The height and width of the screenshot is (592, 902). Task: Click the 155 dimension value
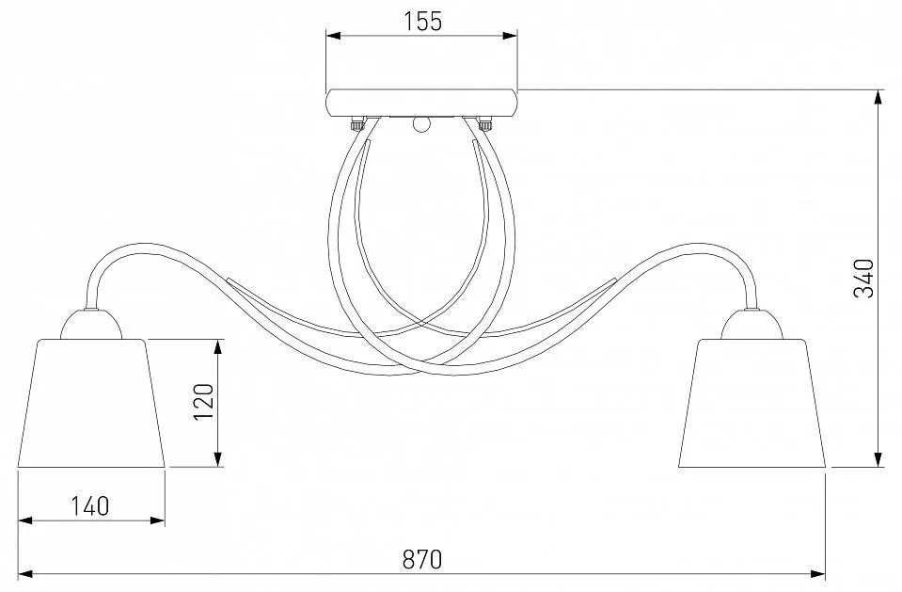[x=422, y=22]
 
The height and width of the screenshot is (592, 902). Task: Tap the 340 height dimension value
[x=863, y=279]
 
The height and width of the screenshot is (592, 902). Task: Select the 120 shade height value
[x=204, y=401]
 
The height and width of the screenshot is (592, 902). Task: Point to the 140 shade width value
[x=89, y=506]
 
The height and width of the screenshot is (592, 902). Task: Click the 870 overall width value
[x=422, y=559]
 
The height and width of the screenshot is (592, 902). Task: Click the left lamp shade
[x=91, y=403]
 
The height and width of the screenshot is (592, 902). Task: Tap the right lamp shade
[x=752, y=403]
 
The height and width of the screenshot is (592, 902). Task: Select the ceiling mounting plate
[x=421, y=104]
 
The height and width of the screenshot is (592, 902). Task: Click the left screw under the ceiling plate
[x=357, y=124]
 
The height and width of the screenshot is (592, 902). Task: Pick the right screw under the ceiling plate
[x=485, y=124]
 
